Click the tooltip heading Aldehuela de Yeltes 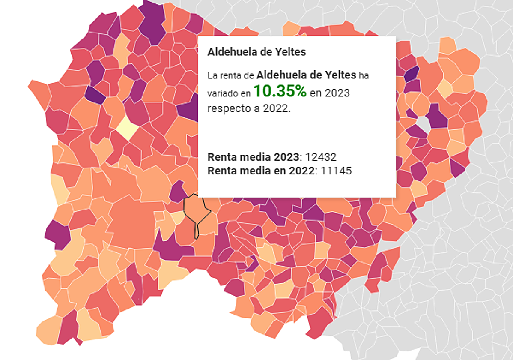tap(256, 52)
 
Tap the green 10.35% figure tap(280, 91)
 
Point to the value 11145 tap(336, 171)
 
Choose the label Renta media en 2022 tap(261, 171)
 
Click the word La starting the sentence tap(212, 76)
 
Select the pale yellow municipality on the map tap(127, 127)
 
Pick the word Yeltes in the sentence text tap(341, 75)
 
